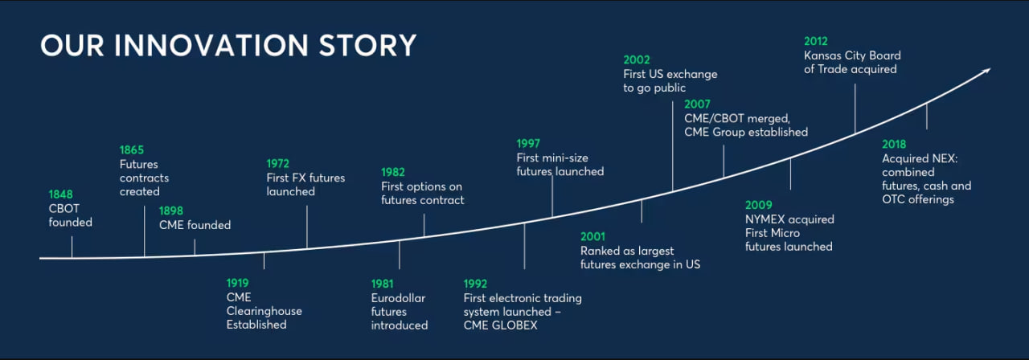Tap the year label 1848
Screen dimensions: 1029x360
click(60, 194)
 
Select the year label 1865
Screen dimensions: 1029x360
click(131, 150)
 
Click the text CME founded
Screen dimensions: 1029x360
click(195, 225)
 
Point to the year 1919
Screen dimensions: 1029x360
click(237, 283)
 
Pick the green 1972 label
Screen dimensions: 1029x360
click(278, 164)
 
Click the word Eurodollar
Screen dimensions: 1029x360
click(398, 298)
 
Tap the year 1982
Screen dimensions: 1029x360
click(393, 172)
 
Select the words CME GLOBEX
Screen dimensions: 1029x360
click(500, 325)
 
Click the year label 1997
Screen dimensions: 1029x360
click(528, 144)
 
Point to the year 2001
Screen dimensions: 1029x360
click(592, 236)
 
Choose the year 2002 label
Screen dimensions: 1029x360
click(636, 59)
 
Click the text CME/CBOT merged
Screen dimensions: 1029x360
click(737, 118)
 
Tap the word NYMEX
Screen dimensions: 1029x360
click(764, 219)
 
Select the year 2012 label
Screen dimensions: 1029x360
click(815, 41)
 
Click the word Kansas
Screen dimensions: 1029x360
click(822, 55)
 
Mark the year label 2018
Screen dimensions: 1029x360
click(894, 144)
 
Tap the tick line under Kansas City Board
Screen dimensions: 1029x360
click(855, 108)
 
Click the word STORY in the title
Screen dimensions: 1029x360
click(367, 46)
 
